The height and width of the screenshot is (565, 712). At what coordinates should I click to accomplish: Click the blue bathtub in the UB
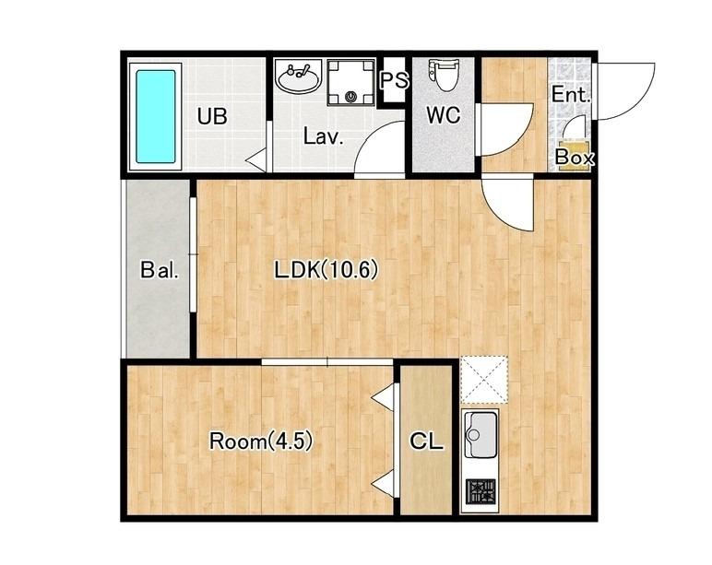tap(156, 116)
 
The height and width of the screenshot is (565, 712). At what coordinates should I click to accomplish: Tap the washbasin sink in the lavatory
tap(298, 77)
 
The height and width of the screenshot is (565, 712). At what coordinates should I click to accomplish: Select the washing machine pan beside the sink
tap(351, 83)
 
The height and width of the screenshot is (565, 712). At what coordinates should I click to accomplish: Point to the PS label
tap(393, 81)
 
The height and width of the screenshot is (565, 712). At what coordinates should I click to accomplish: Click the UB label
tap(212, 116)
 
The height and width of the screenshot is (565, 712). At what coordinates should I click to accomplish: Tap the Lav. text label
tap(323, 136)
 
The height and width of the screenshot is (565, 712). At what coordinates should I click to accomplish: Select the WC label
tap(444, 115)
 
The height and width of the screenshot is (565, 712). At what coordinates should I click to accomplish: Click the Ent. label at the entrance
tap(571, 95)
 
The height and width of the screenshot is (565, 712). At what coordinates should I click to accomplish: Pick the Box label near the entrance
tap(575, 158)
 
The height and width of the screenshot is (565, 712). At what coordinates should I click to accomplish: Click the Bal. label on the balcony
tap(160, 270)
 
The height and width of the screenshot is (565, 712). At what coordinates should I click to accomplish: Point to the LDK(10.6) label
tap(326, 270)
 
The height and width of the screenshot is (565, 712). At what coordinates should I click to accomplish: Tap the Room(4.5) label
tap(261, 441)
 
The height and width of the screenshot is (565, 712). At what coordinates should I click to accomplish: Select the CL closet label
tap(426, 441)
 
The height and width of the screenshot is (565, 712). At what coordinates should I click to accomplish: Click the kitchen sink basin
tap(480, 435)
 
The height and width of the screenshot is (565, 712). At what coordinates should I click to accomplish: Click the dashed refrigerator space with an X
tap(484, 381)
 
